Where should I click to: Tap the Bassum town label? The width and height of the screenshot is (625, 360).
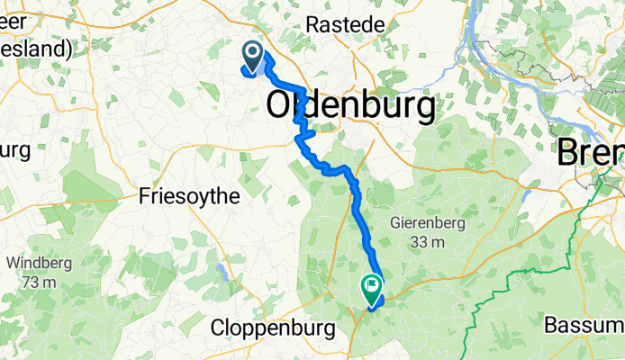point(585,322)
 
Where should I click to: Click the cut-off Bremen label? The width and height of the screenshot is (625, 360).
point(591,152)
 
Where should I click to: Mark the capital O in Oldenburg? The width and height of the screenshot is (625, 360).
point(283,107)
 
